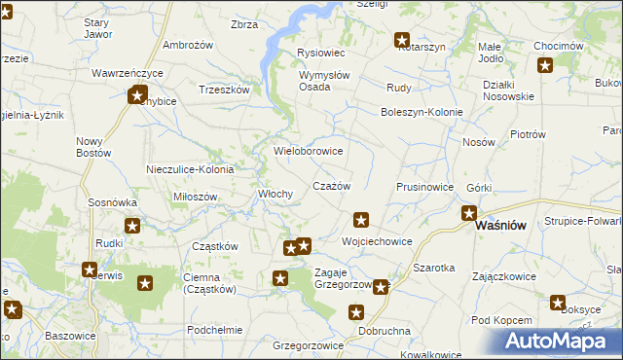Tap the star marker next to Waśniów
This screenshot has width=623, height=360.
[x=468, y=213]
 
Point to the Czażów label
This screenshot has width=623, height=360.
[x=330, y=185]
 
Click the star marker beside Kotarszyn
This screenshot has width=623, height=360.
[x=401, y=40]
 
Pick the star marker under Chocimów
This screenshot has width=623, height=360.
[x=545, y=66]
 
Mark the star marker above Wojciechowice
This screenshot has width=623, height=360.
[x=361, y=220]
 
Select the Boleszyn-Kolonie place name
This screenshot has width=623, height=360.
[x=421, y=111]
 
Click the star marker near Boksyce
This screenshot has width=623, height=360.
[x=558, y=303]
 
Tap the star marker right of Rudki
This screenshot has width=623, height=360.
[x=132, y=226]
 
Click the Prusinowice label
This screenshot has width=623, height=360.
[x=425, y=187]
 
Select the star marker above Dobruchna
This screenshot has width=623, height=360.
[x=356, y=312]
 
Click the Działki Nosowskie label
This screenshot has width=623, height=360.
[x=508, y=90]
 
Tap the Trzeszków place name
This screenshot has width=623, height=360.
[x=225, y=90]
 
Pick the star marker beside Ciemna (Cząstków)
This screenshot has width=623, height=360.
[x=145, y=284]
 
